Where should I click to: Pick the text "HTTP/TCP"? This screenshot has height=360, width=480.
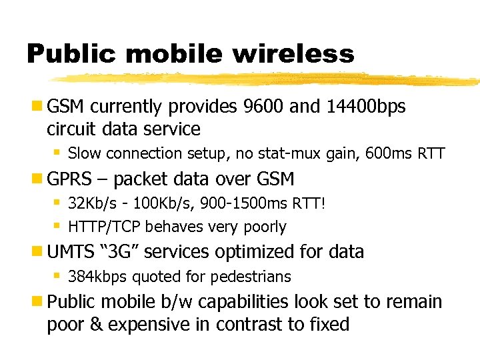105,227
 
